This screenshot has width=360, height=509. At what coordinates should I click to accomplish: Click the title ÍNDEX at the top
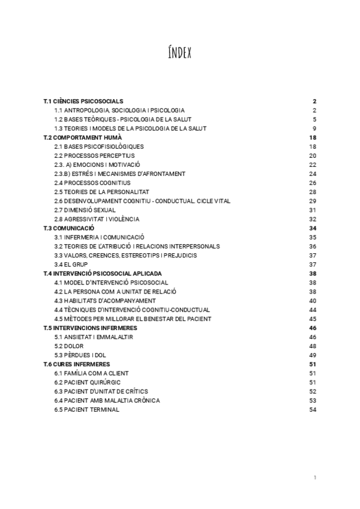179,53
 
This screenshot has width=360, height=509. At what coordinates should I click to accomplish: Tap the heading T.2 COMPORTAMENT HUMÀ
83,137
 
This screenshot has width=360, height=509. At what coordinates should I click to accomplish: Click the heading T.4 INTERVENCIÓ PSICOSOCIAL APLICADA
103,274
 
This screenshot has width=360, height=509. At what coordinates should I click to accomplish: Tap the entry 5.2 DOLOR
69,346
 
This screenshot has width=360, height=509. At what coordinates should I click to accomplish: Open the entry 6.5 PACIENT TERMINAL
86,410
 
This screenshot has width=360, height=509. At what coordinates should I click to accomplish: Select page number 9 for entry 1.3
314,128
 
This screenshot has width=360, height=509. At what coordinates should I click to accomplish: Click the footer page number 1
314,478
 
